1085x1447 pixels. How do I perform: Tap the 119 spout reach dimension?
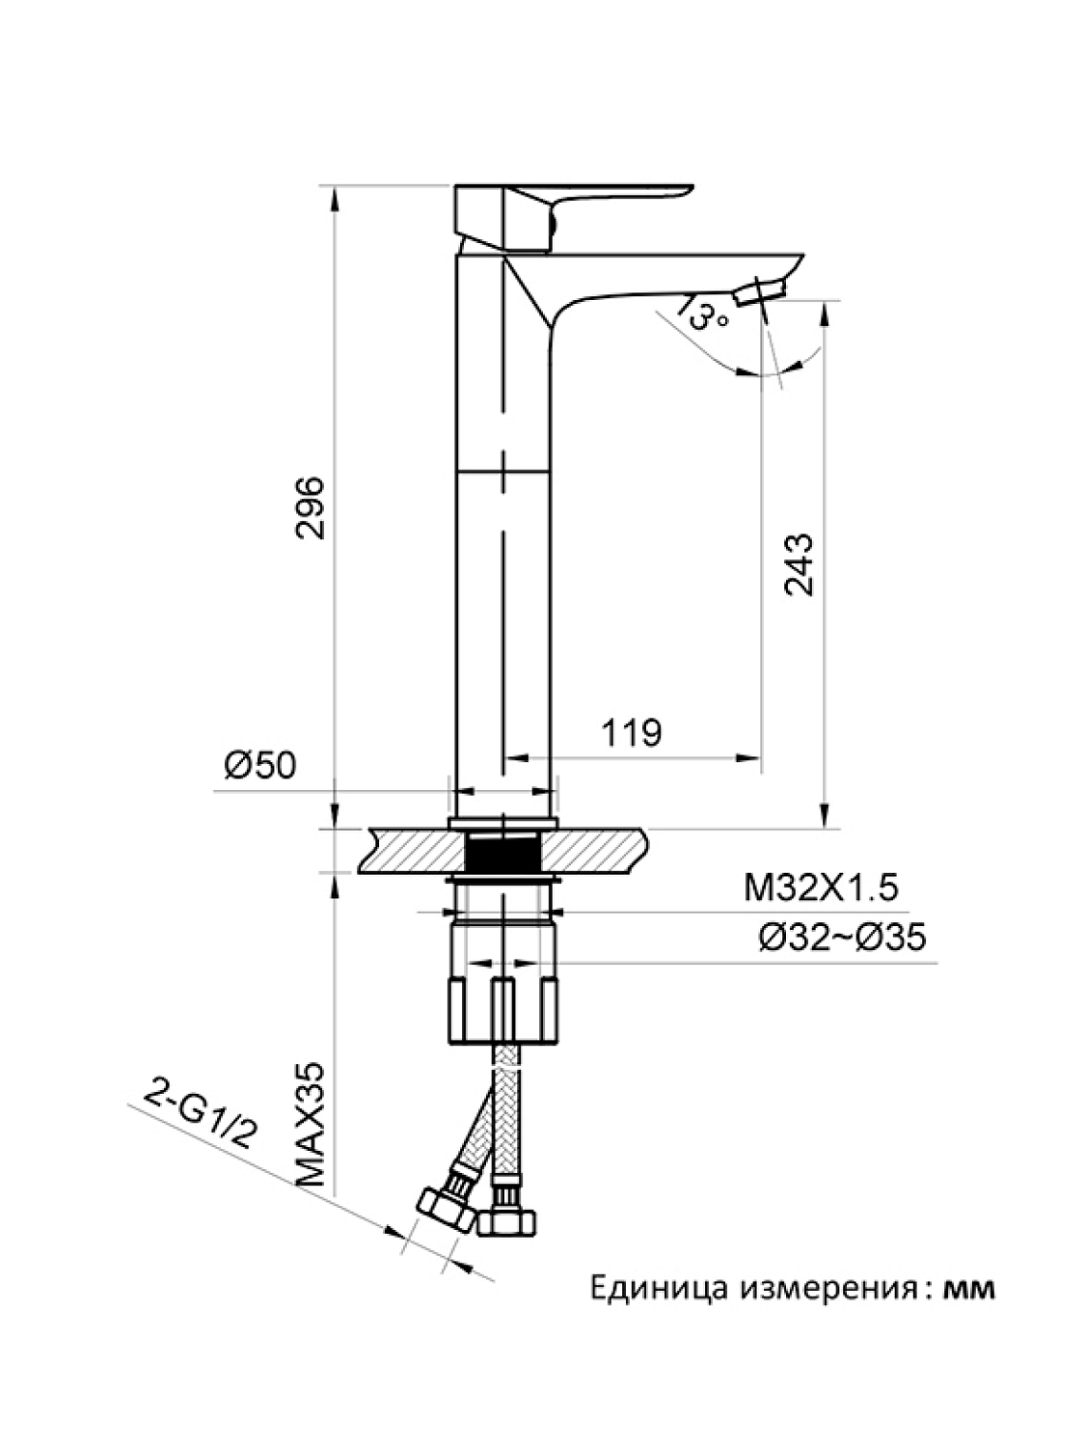coord(632,733)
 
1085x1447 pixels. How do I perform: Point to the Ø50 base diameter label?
coord(260,766)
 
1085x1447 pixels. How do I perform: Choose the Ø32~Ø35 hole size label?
coord(842,937)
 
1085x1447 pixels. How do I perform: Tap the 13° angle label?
coord(703,314)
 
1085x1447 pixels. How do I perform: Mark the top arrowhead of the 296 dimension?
coord(335,195)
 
